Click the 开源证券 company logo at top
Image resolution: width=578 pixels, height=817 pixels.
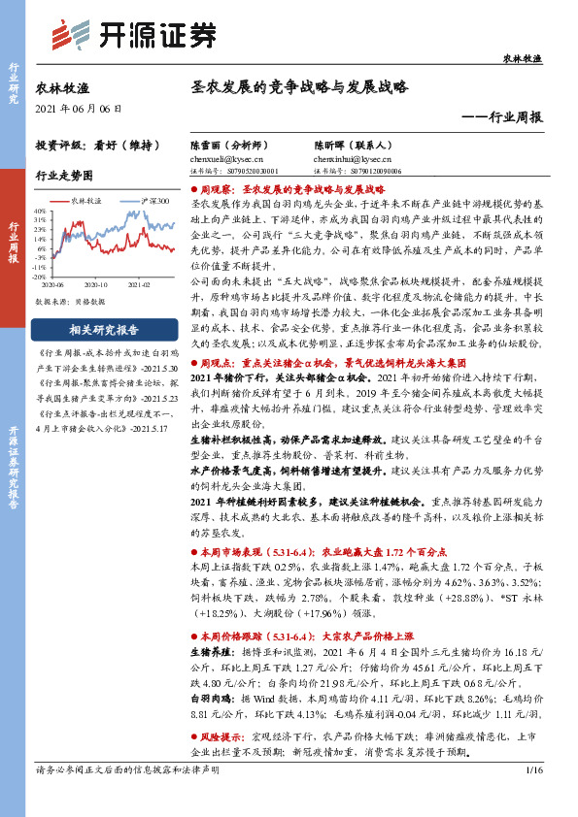tap(131, 35)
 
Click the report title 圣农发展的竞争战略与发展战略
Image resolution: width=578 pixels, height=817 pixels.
tap(298, 86)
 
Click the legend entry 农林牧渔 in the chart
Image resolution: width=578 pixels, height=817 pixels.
tap(91, 200)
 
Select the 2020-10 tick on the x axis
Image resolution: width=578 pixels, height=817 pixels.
tap(94, 285)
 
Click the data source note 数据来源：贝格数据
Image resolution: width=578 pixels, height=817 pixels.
tap(69, 302)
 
